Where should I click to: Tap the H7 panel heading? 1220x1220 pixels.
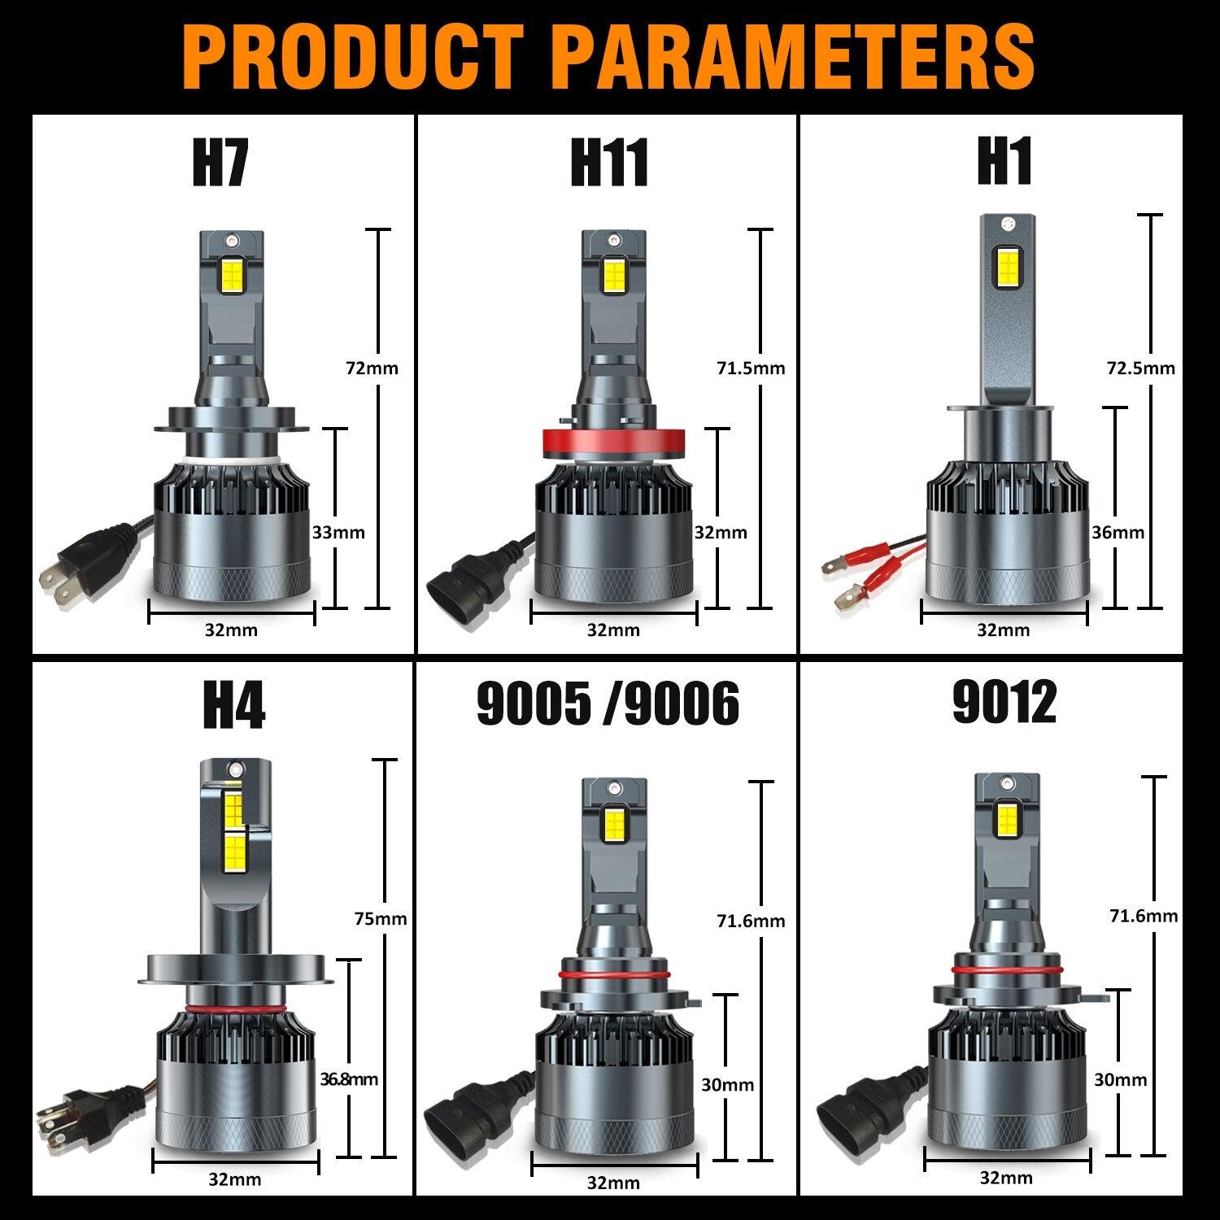(x=220, y=162)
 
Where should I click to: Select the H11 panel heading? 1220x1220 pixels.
(x=608, y=162)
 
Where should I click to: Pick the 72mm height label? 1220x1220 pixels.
(x=373, y=368)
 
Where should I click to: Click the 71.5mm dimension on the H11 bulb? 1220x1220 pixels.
(x=751, y=368)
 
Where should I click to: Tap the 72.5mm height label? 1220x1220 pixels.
(x=1140, y=368)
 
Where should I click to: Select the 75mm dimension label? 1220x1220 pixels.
(x=381, y=919)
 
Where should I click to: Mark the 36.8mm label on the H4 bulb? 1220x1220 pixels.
(x=349, y=1080)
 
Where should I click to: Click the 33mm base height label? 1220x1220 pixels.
(x=339, y=533)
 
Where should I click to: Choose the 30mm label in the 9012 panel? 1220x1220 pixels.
(x=1120, y=1080)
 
